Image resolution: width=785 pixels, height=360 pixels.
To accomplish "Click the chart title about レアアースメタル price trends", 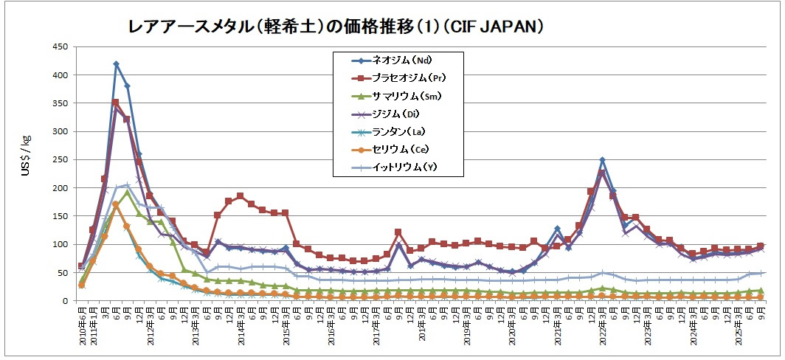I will point(336,27).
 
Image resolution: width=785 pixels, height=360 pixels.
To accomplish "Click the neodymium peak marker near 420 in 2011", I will point(116,64).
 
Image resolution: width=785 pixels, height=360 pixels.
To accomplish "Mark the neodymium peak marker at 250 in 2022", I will point(602,159).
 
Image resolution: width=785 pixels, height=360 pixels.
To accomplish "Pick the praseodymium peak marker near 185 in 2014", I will point(240,196).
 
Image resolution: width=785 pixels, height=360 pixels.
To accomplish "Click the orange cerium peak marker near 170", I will point(115,204).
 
